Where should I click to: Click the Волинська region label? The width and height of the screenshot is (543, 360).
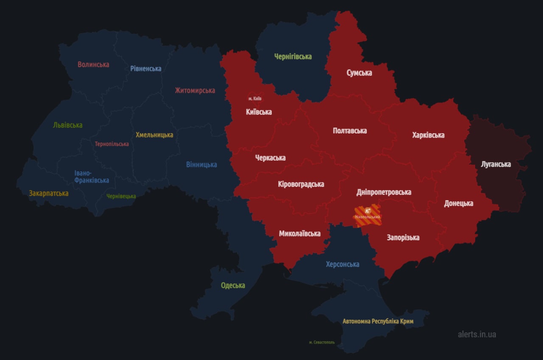[x=93, y=64]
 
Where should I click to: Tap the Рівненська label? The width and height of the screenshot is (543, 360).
[x=146, y=68]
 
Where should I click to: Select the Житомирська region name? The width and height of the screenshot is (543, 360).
[x=195, y=90]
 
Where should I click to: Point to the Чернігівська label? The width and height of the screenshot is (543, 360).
[x=293, y=56]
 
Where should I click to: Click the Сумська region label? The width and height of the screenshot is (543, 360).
[x=359, y=73]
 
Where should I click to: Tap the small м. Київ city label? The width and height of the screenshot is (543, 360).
[x=255, y=98]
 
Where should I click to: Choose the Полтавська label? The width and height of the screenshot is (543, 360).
[x=350, y=131]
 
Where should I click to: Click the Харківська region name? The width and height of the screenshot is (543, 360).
[x=428, y=135]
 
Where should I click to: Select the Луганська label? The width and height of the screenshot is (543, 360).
[x=495, y=164]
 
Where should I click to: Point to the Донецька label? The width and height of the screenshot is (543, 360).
[x=459, y=203]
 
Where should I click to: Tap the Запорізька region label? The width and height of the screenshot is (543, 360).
[x=403, y=237]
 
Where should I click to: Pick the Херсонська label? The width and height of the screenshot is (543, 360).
[x=342, y=264]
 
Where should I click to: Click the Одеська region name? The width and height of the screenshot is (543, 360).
[x=233, y=285]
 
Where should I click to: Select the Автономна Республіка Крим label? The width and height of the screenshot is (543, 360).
[x=378, y=321]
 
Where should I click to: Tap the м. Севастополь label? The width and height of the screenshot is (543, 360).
[x=322, y=342]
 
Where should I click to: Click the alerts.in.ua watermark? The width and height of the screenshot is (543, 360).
[x=477, y=334]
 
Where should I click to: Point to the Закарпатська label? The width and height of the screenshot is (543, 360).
[x=49, y=193]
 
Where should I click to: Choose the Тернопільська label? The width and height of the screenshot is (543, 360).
[x=112, y=144]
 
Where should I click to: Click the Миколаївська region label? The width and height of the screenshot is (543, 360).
[x=299, y=234]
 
